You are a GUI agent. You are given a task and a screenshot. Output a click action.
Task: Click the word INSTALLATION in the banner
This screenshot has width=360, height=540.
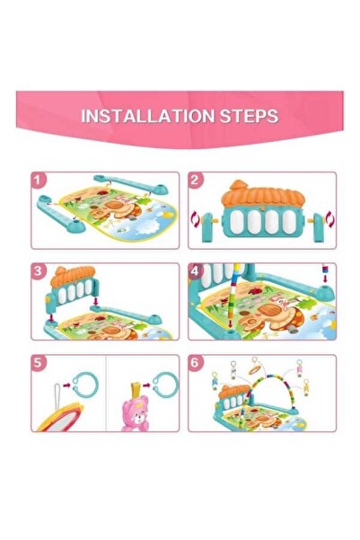click(148, 116)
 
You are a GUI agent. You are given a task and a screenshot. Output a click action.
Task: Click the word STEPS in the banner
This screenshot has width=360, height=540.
click(249, 116)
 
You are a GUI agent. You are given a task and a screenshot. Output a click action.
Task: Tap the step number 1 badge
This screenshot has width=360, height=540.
click(39, 180)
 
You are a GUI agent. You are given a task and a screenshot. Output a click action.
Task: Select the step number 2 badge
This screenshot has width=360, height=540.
click(196, 180)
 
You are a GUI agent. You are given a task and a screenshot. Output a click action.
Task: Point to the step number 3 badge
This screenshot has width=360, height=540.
click(39, 271)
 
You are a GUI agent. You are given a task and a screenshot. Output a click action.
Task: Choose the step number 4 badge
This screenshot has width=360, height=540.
click(196, 271)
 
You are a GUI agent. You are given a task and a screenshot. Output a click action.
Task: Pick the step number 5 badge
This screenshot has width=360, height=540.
click(39, 363)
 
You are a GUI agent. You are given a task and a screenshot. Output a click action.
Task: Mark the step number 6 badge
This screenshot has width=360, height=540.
click(196, 363)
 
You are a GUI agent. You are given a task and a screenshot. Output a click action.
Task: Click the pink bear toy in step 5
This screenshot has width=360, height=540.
click(136, 412)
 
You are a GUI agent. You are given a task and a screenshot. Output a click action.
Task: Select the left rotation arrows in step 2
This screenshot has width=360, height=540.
click(195, 220)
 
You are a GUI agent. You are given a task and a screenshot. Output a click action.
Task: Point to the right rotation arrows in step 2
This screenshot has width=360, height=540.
click(330, 219)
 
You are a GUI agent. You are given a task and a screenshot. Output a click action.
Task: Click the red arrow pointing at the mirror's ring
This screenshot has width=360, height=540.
click(66, 385)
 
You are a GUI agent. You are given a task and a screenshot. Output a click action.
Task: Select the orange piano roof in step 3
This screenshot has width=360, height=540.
click(73, 276)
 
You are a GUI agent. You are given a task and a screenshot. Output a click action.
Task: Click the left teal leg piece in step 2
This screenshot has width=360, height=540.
click(207, 227)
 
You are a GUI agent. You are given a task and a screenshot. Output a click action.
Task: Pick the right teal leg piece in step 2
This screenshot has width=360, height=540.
click(319, 227)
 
